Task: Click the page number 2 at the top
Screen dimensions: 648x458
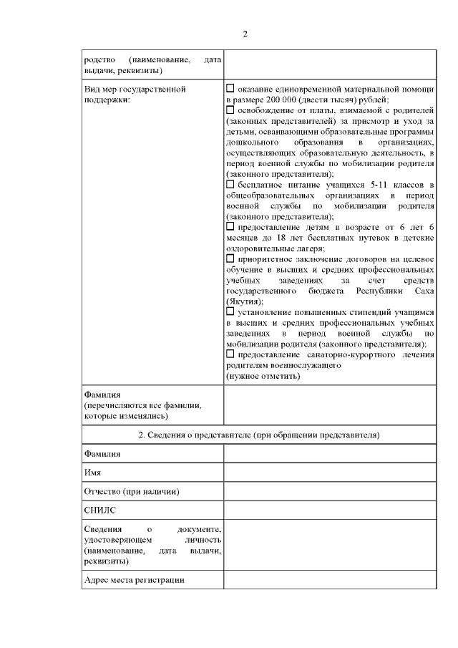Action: click(245, 34)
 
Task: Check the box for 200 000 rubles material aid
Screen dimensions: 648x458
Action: click(230, 88)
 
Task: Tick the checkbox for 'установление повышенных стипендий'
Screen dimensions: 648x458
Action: click(230, 311)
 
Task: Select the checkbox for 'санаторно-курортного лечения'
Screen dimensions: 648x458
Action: click(230, 354)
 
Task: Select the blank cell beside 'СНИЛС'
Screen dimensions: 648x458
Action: click(329, 511)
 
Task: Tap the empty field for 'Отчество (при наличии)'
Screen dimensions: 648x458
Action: click(329, 492)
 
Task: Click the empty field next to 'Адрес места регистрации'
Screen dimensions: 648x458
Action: click(329, 580)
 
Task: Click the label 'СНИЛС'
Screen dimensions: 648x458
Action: click(99, 511)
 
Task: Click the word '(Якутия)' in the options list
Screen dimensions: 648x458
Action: click(243, 301)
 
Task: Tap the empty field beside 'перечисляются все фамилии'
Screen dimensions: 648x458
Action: click(329, 405)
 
